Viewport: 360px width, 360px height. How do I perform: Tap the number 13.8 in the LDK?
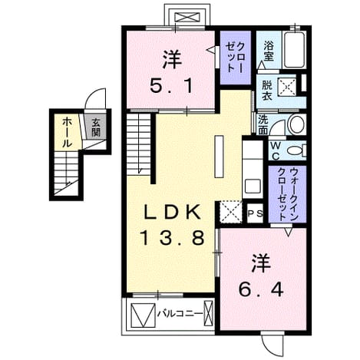[x=172, y=238]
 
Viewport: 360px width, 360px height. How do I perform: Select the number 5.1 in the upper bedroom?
[x=171, y=86]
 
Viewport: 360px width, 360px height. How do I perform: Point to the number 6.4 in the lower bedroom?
[x=261, y=289]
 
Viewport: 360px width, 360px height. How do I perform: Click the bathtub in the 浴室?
[x=295, y=50]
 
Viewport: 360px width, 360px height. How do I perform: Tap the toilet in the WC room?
[x=296, y=150]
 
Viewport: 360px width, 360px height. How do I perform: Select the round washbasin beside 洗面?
[x=296, y=124]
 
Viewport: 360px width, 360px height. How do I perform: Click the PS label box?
[x=256, y=213]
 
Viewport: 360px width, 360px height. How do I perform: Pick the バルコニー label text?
[x=180, y=313]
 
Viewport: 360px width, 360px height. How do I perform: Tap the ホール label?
[x=67, y=132]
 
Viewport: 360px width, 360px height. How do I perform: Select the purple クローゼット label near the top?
[x=235, y=58]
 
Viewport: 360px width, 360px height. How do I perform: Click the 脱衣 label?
[x=266, y=91]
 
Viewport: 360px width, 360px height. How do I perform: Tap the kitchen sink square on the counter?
[x=253, y=187]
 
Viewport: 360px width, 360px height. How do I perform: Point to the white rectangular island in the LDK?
[x=220, y=157]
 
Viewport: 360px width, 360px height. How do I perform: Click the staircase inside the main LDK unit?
[x=139, y=144]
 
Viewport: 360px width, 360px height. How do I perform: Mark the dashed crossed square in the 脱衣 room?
[x=287, y=88]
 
